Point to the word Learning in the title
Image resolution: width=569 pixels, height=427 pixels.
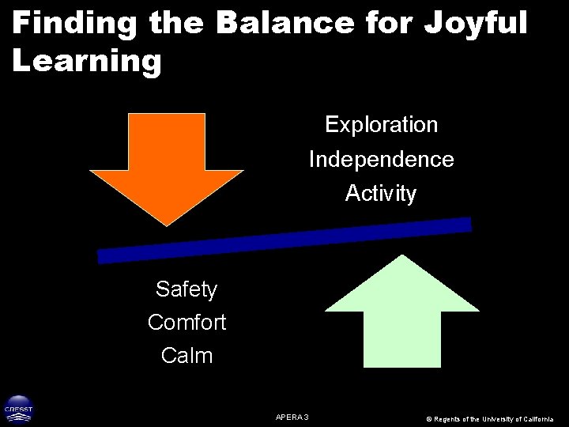[x=87, y=62]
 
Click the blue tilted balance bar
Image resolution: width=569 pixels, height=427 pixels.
[x=284, y=240]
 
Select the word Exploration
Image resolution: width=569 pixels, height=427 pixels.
[x=382, y=125]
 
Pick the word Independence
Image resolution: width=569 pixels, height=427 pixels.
[x=382, y=160]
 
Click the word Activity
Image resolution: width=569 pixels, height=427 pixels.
[x=381, y=194]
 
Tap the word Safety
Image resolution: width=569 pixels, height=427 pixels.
[x=187, y=289]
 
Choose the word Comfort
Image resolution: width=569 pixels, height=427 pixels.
[x=187, y=323]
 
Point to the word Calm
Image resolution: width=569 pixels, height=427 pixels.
[x=187, y=356]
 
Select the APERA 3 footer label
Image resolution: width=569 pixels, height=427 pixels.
[x=292, y=416]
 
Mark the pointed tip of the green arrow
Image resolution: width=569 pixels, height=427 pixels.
[x=403, y=255]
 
